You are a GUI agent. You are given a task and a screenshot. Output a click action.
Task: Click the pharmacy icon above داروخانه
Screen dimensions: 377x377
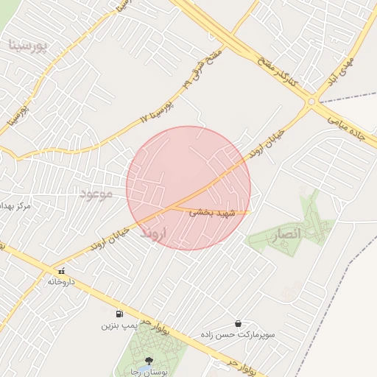point(62,271)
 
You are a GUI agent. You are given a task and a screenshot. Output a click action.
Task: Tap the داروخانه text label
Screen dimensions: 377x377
point(63,281)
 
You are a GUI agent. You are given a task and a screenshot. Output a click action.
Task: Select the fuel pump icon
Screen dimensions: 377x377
point(119,313)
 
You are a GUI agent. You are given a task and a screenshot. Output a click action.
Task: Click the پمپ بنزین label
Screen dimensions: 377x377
point(119,324)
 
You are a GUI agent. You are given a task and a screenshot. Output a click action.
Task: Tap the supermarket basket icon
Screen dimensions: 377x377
point(238,323)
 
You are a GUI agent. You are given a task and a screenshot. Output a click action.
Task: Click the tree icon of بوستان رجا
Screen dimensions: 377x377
point(150,361)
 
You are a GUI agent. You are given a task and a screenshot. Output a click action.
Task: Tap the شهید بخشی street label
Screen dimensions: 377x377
point(212,212)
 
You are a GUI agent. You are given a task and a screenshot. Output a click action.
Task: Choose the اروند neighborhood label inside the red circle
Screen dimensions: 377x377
point(155,233)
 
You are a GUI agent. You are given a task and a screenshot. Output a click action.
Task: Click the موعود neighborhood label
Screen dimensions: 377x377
point(96,194)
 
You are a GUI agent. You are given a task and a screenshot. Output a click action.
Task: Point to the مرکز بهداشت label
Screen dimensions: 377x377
point(15,205)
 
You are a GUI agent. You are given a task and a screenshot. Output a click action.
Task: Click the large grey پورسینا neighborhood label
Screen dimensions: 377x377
point(28,46)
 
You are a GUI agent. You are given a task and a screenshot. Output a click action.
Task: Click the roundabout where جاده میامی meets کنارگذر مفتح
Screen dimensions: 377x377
point(312,102)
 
